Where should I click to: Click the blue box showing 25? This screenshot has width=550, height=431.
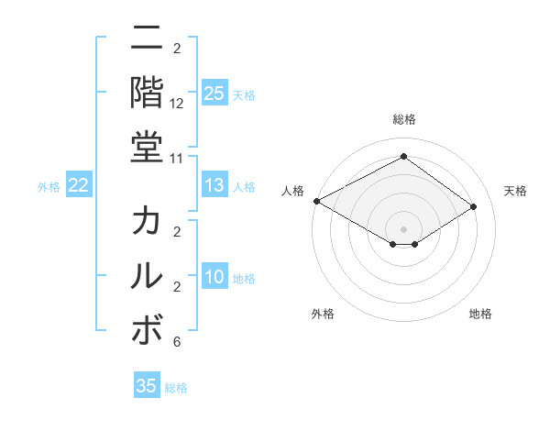coord(214,93)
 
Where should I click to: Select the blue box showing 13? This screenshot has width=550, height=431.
coord(214,186)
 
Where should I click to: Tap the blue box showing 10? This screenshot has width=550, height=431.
coord(214,278)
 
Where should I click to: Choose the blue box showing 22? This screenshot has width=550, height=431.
coord(79,186)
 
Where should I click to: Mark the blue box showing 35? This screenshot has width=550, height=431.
coord(147,386)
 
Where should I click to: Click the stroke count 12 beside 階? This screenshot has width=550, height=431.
coord(177,105)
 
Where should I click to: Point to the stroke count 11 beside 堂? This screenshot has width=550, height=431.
coord(177,158)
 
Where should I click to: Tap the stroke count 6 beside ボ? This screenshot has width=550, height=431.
coord(177,342)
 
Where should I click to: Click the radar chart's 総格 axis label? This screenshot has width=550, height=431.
coord(403,119)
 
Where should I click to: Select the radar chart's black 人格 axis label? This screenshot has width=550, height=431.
coord(293,191)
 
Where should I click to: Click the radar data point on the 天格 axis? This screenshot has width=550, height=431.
coord(473,207)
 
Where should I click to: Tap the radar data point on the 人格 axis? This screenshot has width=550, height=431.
coord(316,201)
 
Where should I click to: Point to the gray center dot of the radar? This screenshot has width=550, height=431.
coord(403,228)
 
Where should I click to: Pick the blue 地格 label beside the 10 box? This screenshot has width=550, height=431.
coord(245,279)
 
